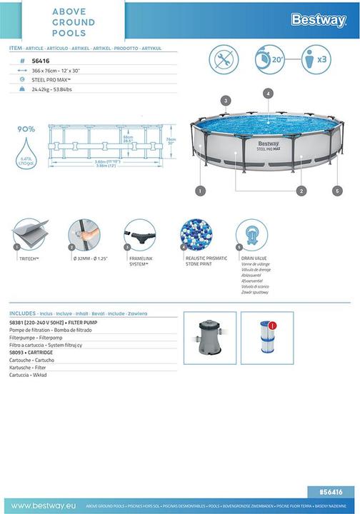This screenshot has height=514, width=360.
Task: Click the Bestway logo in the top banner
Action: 318,20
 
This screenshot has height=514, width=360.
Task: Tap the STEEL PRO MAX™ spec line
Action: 51,80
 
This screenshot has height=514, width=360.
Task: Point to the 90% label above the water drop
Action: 26,129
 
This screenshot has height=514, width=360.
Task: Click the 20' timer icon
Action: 270,59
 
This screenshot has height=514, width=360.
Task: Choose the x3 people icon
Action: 316,59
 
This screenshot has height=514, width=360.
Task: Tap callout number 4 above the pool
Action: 268,94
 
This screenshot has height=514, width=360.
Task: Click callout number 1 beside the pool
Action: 201,191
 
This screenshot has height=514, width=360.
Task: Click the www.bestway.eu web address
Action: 39,505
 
